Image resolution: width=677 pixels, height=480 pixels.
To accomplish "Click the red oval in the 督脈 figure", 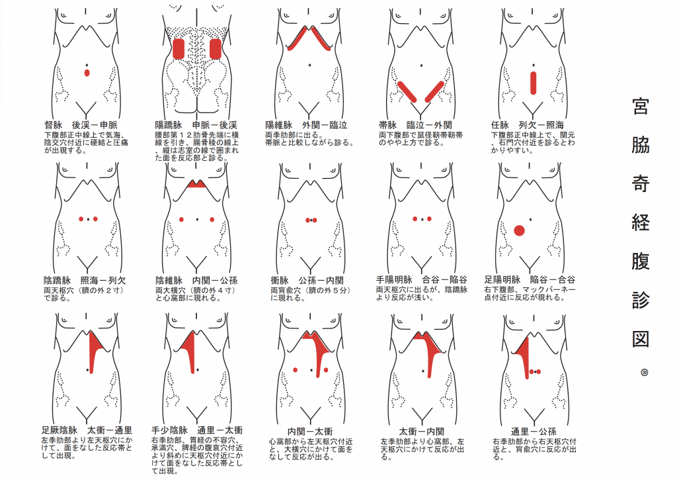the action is tap(87, 73).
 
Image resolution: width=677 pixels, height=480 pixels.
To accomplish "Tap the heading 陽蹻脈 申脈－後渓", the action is tap(196, 125).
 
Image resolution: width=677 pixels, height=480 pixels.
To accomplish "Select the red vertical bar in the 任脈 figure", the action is tap(534, 83).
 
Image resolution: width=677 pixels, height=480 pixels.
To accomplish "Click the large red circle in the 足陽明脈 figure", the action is tap(520, 230).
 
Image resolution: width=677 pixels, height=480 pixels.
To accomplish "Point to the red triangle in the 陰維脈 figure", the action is tap(197, 184).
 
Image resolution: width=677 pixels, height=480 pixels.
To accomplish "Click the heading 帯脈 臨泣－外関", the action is tap(415, 125).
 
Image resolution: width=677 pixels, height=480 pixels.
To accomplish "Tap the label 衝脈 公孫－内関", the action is tap(307, 281).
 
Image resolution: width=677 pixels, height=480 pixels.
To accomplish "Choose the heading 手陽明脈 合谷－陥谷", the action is tap(421, 280).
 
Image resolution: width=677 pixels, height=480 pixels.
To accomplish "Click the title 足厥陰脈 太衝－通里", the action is tap(87, 430).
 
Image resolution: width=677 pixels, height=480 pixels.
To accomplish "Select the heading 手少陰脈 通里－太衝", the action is tap(197, 430).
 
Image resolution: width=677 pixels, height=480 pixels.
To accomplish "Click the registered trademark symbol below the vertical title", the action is tap(644, 372).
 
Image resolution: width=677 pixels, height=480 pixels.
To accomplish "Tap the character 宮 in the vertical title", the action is tap(641, 107).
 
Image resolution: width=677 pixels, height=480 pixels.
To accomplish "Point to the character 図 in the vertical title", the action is tap(641, 338).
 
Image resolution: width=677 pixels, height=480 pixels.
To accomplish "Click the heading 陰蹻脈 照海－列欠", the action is tap(85, 281).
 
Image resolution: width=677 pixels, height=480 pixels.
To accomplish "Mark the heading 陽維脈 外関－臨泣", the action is tap(306, 125).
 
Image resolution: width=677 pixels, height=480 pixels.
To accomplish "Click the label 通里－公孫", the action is tap(534, 432).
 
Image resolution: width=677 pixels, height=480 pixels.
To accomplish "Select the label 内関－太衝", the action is tap(310, 432).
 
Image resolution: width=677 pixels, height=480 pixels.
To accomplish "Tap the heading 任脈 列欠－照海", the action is tap(528, 125).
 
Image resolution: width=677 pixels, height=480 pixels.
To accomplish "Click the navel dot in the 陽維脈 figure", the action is tap(309, 66).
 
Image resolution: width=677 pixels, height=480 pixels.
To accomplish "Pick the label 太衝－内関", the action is tap(421, 432).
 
